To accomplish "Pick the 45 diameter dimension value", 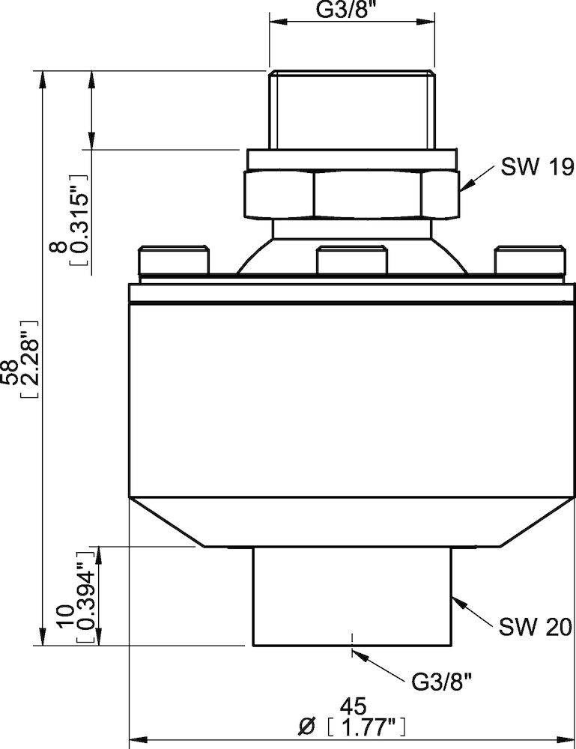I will click(x=352, y=706).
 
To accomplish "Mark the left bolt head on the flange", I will click(x=172, y=261).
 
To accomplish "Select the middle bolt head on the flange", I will click(x=351, y=261).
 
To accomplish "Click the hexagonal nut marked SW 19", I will click(x=351, y=193).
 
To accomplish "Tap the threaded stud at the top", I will click(x=351, y=109).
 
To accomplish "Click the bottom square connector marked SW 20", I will click(x=352, y=595).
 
